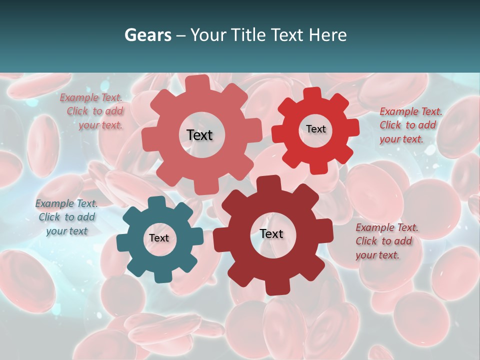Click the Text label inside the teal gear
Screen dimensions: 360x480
click(x=159, y=238)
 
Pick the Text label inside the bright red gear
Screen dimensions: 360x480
click(x=315, y=129)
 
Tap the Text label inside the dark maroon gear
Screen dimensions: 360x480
click(x=271, y=233)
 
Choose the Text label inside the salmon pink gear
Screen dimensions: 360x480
click(x=199, y=135)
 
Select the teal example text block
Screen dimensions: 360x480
click(x=66, y=217)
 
